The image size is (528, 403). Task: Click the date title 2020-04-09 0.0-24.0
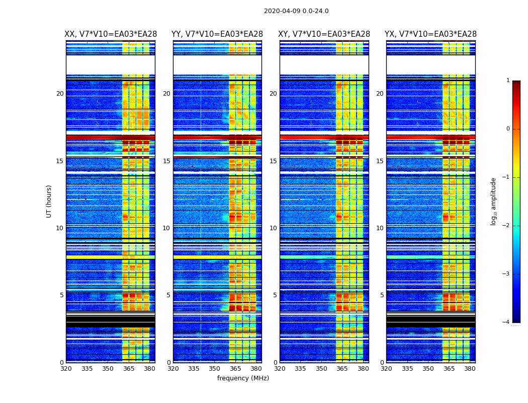[296, 11]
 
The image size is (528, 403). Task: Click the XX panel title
[111, 34]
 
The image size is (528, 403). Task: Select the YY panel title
[217, 34]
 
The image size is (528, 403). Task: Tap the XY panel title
[324, 34]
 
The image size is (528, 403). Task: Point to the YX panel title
[430, 34]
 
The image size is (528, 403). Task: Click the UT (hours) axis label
[49, 201]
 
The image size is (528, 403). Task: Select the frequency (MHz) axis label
[243, 378]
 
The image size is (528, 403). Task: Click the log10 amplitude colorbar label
[494, 201]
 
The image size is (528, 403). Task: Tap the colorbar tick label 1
[507, 81]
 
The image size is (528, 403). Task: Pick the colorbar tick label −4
[506, 322]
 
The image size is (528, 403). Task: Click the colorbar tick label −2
[506, 226]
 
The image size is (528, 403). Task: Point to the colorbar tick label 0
[507, 129]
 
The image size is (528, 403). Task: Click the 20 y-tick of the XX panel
[60, 94]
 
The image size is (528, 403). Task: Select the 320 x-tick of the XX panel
[66, 369]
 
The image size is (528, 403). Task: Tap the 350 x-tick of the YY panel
[215, 369]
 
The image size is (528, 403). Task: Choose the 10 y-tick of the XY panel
[273, 228]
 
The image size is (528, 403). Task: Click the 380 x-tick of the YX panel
[470, 369]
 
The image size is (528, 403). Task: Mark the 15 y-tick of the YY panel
[166, 161]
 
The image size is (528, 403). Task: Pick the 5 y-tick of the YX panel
[382, 295]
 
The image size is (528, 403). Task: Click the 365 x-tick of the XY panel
[342, 369]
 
